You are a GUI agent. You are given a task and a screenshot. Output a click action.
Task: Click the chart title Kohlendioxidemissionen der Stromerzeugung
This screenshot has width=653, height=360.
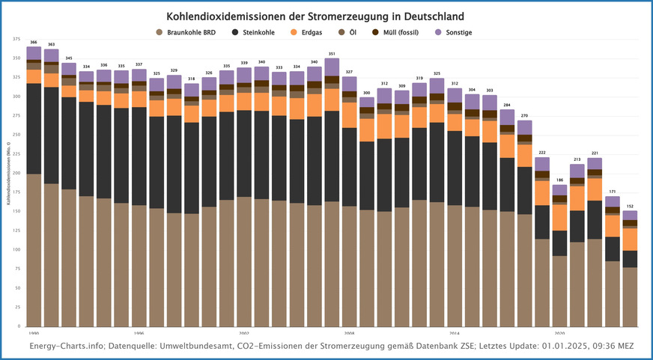pyautogui.click(x=326, y=16)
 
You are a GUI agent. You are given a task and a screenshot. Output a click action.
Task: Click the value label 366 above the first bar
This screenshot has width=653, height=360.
pyautogui.click(x=34, y=42)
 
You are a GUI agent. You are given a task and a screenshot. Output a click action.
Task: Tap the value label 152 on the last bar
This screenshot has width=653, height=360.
pyautogui.click(x=630, y=206)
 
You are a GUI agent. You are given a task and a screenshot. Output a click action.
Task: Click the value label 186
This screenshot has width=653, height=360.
pyautogui.click(x=559, y=180)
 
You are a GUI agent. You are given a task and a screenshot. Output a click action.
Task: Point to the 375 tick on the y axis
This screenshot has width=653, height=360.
pyautogui.click(x=16, y=39)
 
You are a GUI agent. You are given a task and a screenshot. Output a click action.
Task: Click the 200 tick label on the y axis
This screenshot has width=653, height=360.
pyautogui.click(x=16, y=173)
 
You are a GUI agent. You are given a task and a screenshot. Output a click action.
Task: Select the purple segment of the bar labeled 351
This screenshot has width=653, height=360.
pyautogui.click(x=332, y=67)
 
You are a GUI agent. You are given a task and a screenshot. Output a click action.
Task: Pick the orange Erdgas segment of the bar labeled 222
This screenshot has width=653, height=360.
pyautogui.click(x=542, y=193)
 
